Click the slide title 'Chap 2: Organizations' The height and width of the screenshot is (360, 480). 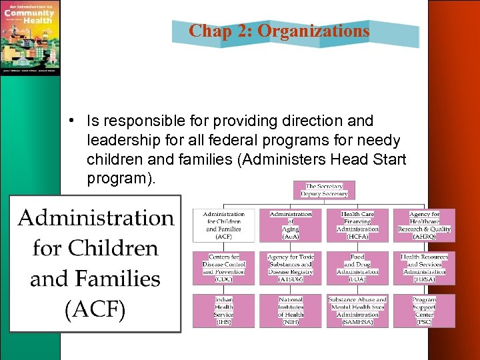(279, 31)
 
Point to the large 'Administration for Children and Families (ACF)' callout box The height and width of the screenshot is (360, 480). (96, 264)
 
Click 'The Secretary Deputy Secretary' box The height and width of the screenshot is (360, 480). (325, 190)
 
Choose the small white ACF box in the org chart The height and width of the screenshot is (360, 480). (224, 225)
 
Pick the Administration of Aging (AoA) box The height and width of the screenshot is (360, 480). (290, 225)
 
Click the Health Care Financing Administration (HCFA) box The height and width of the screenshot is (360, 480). (357, 225)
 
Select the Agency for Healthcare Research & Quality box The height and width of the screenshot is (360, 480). (425, 225)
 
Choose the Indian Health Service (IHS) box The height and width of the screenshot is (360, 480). (224, 310)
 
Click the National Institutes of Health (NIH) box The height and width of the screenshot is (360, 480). (290, 310)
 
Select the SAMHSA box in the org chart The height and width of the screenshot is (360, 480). (357, 310)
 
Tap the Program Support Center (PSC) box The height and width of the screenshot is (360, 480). (425, 310)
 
